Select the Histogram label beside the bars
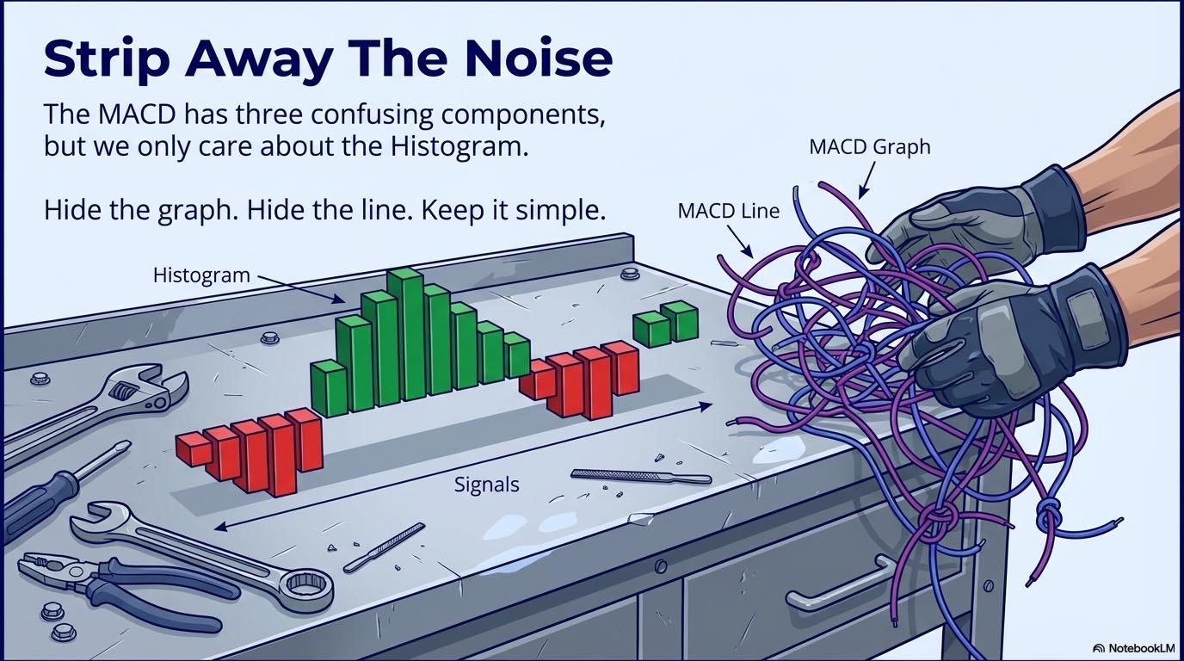coord(201,275)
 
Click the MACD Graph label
coord(869,147)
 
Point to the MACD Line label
coord(728,211)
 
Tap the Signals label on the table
coord(487,485)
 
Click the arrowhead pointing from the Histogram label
coord(339,300)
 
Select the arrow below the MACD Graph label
coord(866,180)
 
